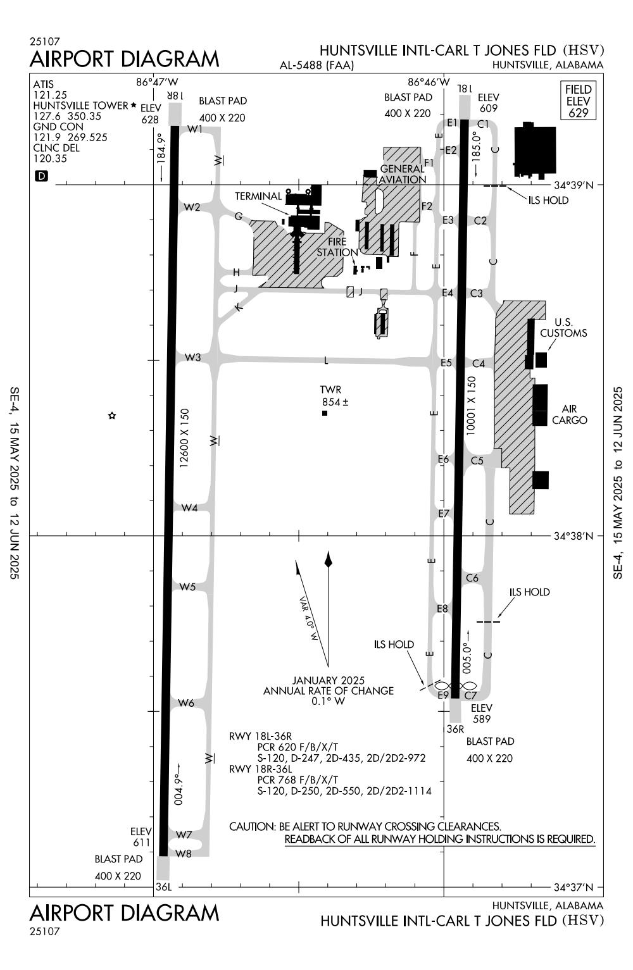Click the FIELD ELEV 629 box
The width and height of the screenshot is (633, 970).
(x=578, y=101)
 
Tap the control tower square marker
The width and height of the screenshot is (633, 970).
(x=325, y=413)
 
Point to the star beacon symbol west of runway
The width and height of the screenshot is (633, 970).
(x=112, y=416)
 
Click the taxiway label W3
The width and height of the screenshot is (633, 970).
(x=193, y=358)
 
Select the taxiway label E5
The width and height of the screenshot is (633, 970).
(x=446, y=363)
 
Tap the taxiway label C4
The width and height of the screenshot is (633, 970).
(x=479, y=364)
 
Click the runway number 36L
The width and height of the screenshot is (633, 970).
(x=163, y=886)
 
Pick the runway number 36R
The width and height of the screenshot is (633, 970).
(x=455, y=729)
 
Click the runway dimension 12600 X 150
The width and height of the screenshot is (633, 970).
(x=184, y=438)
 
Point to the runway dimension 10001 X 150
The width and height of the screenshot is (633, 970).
(x=471, y=406)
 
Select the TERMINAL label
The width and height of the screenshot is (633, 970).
(x=258, y=196)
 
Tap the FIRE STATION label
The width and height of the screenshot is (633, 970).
(x=337, y=247)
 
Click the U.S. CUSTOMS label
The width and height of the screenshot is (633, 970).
(x=563, y=328)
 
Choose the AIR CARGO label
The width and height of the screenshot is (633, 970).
(x=569, y=414)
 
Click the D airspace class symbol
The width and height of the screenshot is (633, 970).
(x=42, y=176)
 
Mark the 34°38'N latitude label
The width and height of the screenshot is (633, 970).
(x=573, y=536)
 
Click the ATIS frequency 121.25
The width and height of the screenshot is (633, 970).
(x=50, y=95)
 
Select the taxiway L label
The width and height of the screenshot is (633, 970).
(x=326, y=360)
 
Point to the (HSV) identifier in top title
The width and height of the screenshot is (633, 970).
(x=583, y=50)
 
